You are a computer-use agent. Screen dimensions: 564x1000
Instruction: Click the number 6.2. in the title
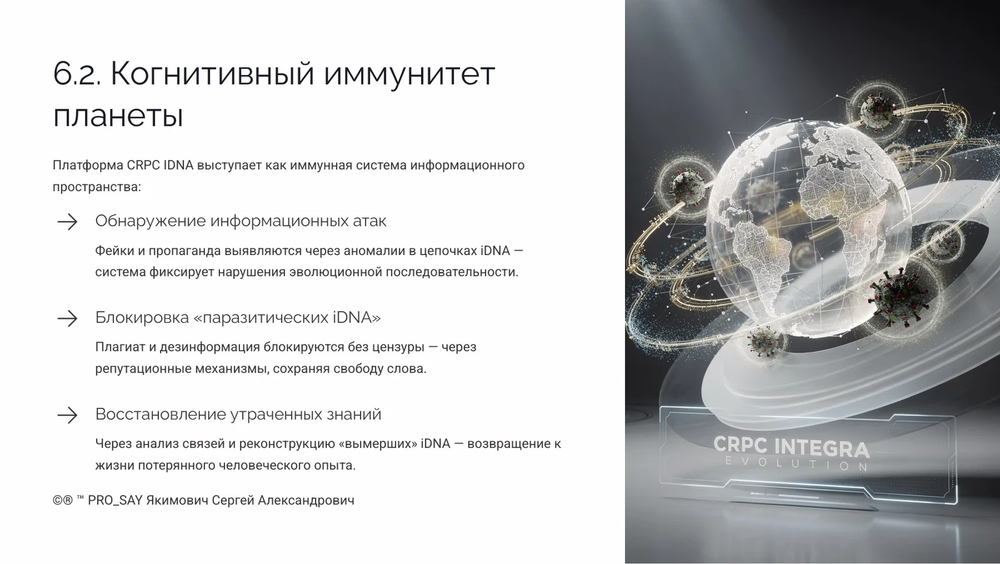pyautogui.click(x=76, y=74)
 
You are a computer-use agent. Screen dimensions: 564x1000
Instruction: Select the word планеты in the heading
pyautogui.click(x=118, y=116)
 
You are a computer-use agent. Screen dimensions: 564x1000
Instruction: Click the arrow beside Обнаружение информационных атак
pyautogui.click(x=67, y=221)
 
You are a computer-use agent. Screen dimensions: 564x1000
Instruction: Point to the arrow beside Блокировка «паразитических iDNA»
pyautogui.click(x=67, y=318)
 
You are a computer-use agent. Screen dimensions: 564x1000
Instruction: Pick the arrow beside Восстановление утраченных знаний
pyautogui.click(x=67, y=415)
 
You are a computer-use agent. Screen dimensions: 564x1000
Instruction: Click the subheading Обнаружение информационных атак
pyautogui.click(x=241, y=221)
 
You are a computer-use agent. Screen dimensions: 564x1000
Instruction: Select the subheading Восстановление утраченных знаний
pyautogui.click(x=238, y=414)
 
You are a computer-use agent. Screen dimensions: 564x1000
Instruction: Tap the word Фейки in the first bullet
pyautogui.click(x=114, y=251)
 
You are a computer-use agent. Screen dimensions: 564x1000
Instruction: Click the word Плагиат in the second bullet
pyautogui.click(x=119, y=347)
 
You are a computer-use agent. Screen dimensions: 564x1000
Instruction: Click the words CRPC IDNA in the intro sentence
pyautogui.click(x=160, y=166)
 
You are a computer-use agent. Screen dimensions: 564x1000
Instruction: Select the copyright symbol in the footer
pyautogui.click(x=57, y=500)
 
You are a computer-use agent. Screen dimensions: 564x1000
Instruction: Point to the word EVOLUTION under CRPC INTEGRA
pyautogui.click(x=796, y=464)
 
